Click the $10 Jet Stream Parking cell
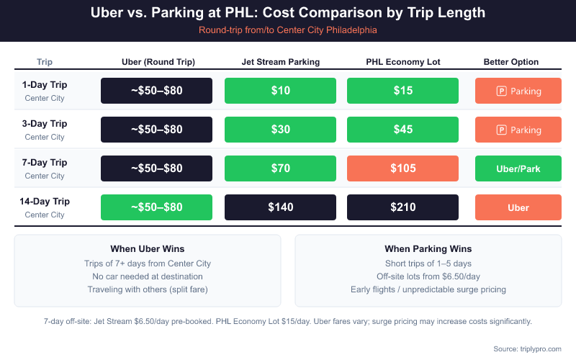point(279,91)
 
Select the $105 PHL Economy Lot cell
point(402,168)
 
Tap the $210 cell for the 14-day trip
point(402,207)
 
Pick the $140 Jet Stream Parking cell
point(279,207)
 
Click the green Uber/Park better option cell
point(518,168)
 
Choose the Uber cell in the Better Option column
point(518,207)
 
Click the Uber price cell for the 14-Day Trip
point(156,207)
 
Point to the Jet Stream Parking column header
point(280,62)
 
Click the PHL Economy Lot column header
point(402,62)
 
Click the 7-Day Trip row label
point(45,163)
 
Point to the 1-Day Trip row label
point(45,85)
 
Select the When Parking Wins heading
point(428,248)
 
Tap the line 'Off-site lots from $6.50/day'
point(428,276)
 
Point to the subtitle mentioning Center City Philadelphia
point(288,30)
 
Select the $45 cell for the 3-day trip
point(402,130)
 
